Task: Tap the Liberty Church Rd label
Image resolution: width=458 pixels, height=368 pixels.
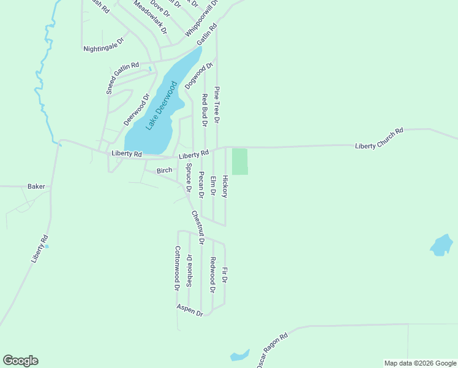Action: coord(380,139)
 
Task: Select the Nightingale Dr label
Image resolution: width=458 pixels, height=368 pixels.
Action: coord(103,44)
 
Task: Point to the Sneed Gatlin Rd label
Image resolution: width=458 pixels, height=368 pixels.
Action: coord(123,77)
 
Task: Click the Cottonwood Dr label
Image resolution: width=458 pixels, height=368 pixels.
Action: coord(177,268)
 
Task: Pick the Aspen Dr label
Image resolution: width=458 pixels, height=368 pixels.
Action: coord(190,310)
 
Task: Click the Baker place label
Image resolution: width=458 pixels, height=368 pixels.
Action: coord(36,186)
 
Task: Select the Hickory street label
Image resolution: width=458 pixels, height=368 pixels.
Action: coord(225,186)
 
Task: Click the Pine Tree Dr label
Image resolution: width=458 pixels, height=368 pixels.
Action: coord(217,105)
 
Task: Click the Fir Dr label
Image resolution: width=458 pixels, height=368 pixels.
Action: coord(225,275)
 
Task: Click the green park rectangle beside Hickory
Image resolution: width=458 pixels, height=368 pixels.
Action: coord(240,161)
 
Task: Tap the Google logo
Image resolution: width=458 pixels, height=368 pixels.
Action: coord(20,361)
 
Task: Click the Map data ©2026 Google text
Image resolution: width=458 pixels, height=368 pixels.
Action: coord(421,363)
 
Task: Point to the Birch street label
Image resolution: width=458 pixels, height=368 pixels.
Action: coord(164,170)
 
